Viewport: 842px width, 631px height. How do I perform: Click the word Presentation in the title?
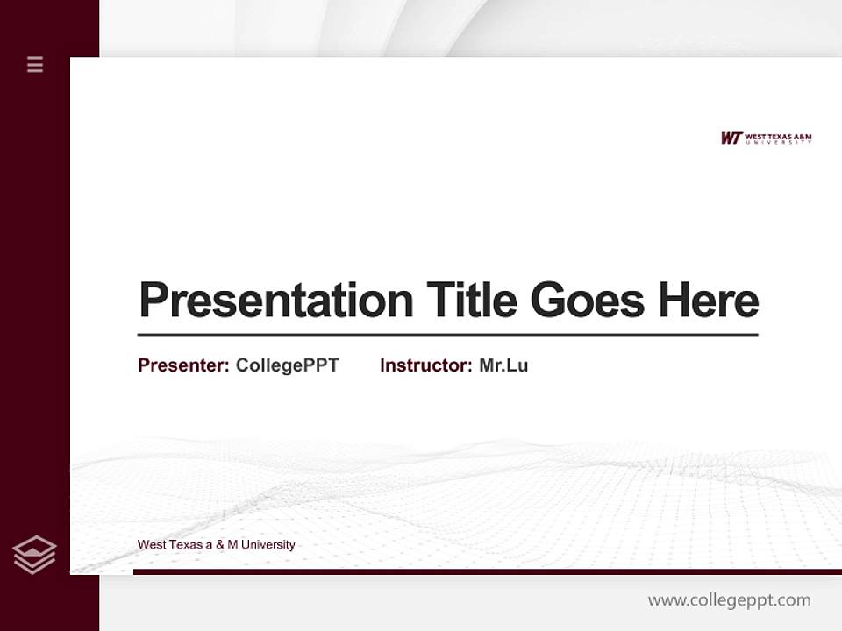pyautogui.click(x=275, y=301)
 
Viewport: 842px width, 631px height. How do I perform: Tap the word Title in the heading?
pyautogui.click(x=471, y=301)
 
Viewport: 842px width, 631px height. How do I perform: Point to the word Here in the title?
pyautogui.click(x=709, y=301)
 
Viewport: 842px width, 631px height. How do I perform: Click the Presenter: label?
pyautogui.click(x=183, y=365)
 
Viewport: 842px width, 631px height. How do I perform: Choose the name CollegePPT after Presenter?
pyautogui.click(x=287, y=365)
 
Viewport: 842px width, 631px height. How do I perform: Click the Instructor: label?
pyautogui.click(x=425, y=365)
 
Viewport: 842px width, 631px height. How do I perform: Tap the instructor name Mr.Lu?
pyautogui.click(x=503, y=365)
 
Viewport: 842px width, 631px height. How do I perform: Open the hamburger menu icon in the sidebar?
pyautogui.click(x=35, y=64)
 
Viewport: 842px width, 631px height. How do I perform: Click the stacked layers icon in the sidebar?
pyautogui.click(x=34, y=555)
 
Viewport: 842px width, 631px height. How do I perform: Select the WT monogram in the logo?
pyautogui.click(x=731, y=138)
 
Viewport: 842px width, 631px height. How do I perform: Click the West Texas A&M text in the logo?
pyautogui.click(x=778, y=136)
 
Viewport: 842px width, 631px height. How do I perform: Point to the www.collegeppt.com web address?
pyautogui.click(x=729, y=600)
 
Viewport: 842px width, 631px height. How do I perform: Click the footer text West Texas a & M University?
pyautogui.click(x=216, y=545)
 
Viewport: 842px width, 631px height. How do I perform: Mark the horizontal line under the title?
pyautogui.click(x=447, y=334)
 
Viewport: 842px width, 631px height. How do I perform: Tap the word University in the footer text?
pyautogui.click(x=268, y=545)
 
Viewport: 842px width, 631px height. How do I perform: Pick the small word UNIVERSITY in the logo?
pyautogui.click(x=778, y=142)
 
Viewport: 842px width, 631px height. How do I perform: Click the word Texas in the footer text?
pyautogui.click(x=185, y=545)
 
